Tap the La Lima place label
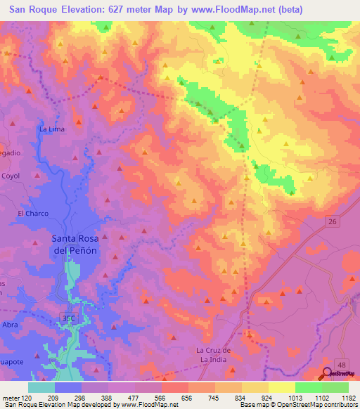point(52,129)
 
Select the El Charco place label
point(31,213)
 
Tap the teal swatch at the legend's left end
point(41,387)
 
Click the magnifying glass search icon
point(328,375)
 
